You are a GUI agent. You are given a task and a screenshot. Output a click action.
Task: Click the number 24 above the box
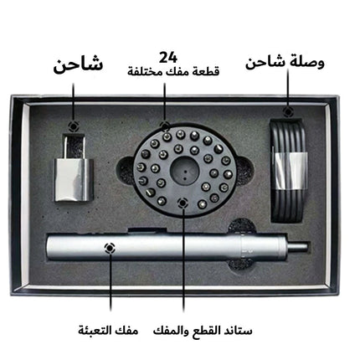click(x=168, y=58)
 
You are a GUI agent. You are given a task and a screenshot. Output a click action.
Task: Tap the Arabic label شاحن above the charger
click(x=79, y=65)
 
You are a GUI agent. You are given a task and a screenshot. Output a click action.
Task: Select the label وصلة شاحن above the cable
click(x=285, y=63)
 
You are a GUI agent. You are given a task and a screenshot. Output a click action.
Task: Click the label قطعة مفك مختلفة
click(x=173, y=71)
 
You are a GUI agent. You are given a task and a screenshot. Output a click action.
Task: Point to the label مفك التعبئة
click(x=108, y=331)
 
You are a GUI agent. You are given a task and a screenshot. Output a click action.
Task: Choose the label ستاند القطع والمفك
click(x=203, y=331)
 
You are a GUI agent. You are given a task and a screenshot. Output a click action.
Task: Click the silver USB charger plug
click(x=73, y=173)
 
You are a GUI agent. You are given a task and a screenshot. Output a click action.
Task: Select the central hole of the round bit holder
click(x=184, y=170)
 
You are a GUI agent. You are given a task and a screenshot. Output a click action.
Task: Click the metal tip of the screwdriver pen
click(x=298, y=247)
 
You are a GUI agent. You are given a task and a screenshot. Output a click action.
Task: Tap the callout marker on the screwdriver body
click(x=110, y=248)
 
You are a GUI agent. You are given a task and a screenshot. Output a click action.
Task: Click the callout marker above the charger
click(x=74, y=126)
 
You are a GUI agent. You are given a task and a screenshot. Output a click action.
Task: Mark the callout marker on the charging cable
click(x=288, y=111)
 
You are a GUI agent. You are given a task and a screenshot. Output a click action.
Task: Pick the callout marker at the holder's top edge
click(x=165, y=126)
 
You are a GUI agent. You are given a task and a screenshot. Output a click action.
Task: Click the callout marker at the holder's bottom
click(x=183, y=203)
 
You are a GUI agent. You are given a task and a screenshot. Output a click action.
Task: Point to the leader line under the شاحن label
click(x=74, y=102)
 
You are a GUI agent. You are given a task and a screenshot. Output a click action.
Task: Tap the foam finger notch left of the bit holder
click(x=125, y=170)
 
